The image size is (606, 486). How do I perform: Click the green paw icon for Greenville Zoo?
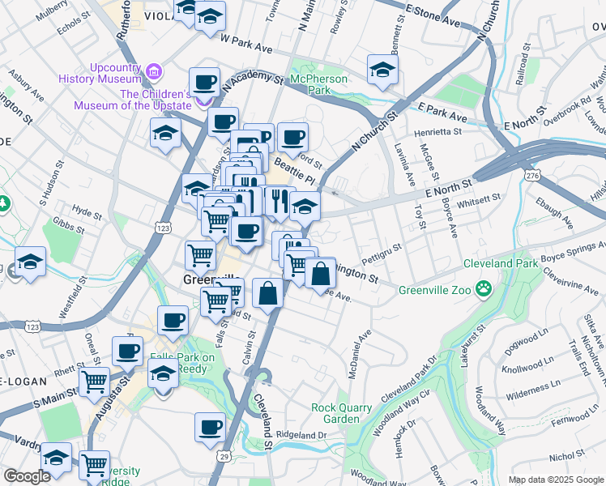[484, 288]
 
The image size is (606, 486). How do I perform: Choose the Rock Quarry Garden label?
[335, 413]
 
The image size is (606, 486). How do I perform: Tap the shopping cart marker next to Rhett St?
[94, 380]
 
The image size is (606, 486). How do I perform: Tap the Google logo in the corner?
[27, 476]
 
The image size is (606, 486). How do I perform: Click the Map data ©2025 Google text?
[556, 480]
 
